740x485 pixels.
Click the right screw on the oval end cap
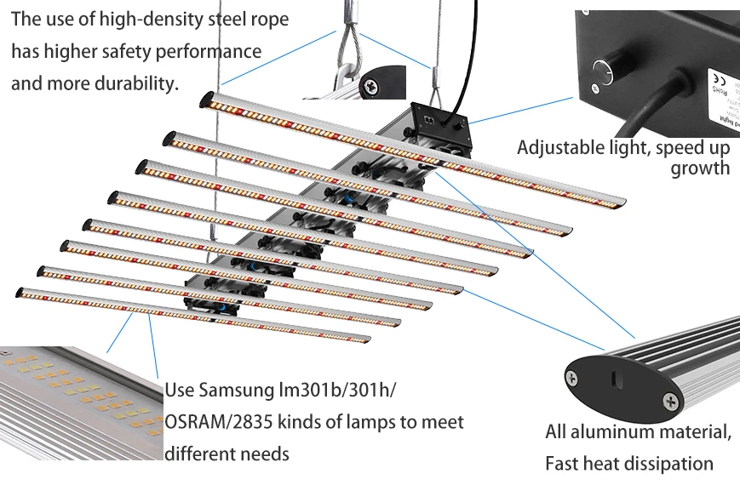[673, 400]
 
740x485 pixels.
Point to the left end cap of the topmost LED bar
[206, 100]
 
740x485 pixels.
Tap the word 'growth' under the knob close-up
[700, 168]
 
